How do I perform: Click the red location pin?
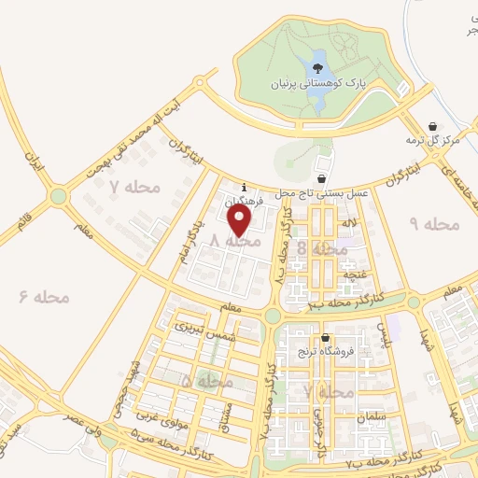[241, 221]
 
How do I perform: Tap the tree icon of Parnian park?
[317, 67]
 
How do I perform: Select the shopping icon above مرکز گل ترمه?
[431, 126]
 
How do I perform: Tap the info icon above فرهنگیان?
[244, 186]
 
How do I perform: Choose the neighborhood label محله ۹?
[436, 224]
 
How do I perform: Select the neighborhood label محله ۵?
[206, 381]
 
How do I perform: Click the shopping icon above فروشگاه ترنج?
[324, 337]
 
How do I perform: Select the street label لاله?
[349, 225]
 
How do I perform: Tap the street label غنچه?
[355, 274]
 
